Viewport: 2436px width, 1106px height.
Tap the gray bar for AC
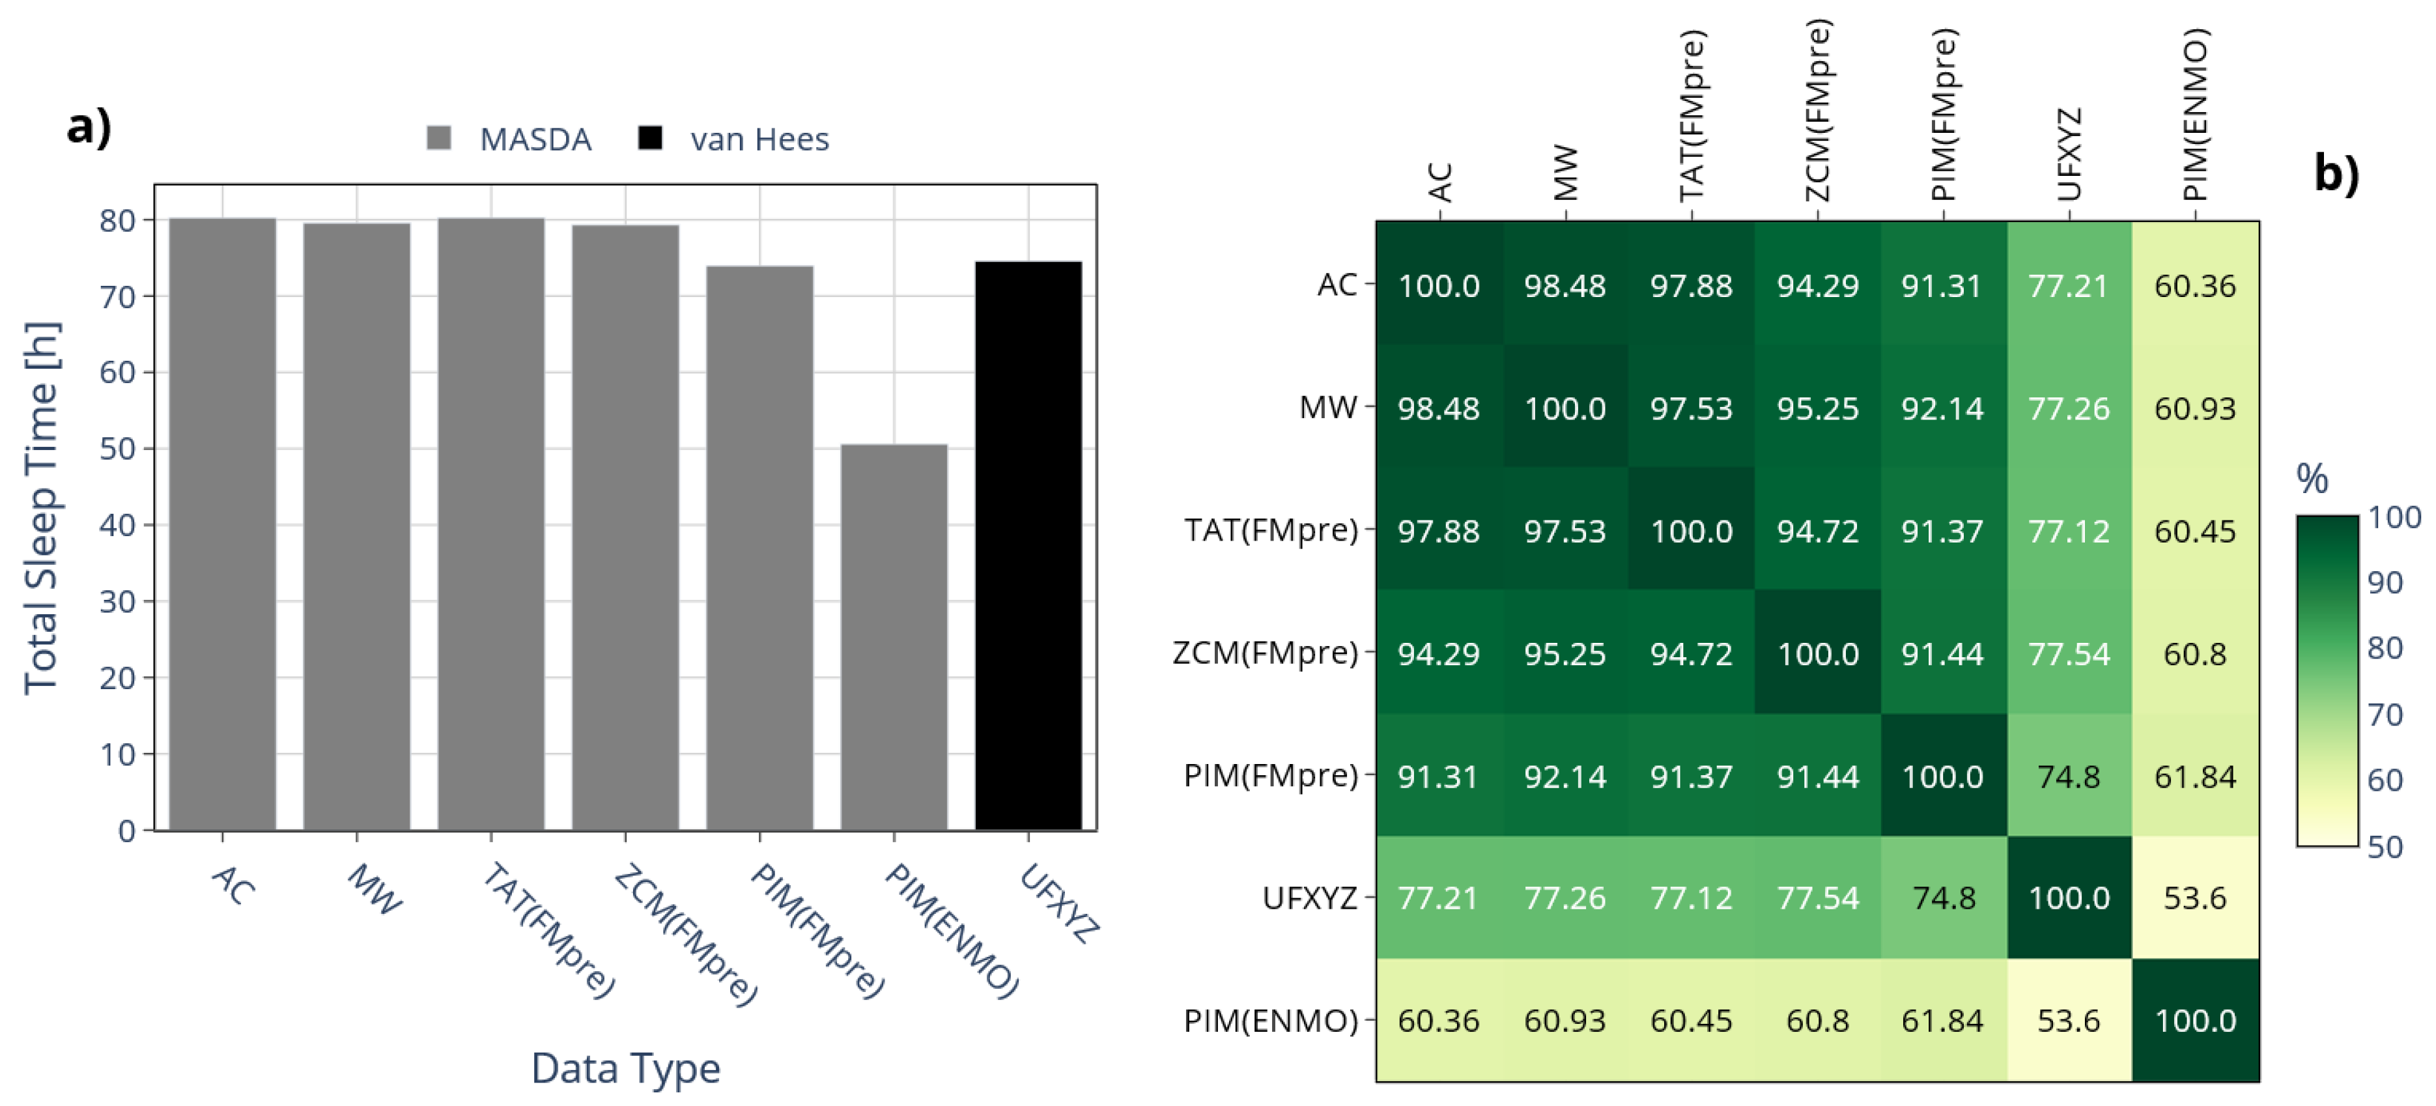click(222, 524)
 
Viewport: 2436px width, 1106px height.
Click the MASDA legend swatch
click(439, 139)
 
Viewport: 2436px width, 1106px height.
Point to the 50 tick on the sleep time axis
click(118, 449)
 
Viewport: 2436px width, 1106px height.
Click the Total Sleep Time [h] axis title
click(42, 507)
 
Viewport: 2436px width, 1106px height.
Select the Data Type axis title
click(625, 1068)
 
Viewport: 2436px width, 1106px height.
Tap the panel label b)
click(2336, 173)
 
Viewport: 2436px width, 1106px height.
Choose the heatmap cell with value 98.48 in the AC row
click(1565, 285)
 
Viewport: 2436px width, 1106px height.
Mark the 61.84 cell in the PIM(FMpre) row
click(2195, 776)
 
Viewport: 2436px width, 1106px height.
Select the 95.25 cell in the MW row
click(1817, 408)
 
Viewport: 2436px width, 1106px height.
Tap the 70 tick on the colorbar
click(2385, 715)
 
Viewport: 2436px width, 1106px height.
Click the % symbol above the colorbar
click(2312, 479)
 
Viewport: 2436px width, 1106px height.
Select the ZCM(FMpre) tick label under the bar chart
click(686, 936)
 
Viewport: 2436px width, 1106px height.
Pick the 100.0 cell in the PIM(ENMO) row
click(2195, 1020)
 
